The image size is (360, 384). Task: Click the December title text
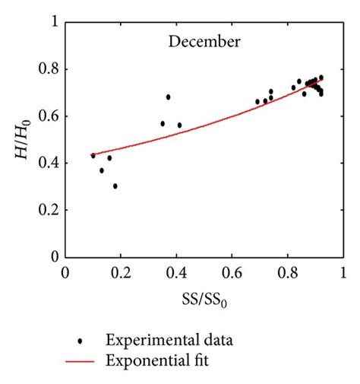click(204, 40)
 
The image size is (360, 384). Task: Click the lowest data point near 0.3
click(115, 186)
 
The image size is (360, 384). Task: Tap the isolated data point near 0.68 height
click(168, 97)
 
